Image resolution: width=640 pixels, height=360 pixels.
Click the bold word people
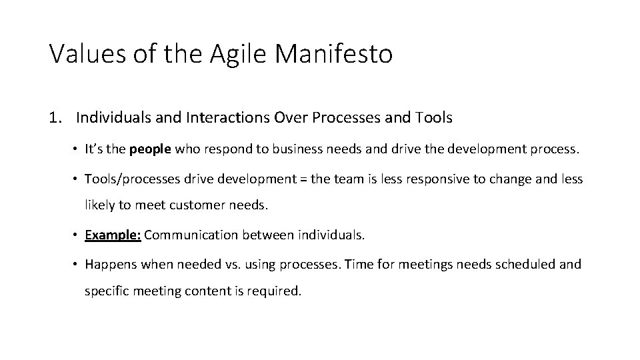tap(150, 150)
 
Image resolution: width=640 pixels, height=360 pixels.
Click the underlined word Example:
tap(113, 235)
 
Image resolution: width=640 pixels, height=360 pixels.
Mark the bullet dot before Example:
tap(77, 235)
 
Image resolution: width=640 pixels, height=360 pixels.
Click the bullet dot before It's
tap(77, 150)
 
